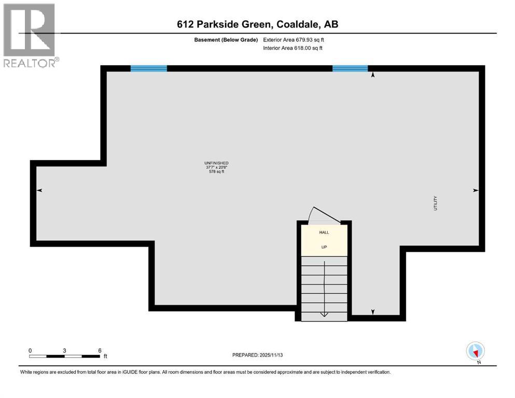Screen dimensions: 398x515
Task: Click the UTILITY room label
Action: click(436, 203)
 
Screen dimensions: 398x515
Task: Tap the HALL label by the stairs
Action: click(324, 233)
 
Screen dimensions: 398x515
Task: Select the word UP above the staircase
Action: click(324, 247)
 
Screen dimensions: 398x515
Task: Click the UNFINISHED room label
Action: click(216, 163)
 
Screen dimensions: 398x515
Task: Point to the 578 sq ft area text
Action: click(216, 172)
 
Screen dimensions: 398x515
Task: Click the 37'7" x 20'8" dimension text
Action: click(216, 167)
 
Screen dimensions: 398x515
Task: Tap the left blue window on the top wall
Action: click(149, 68)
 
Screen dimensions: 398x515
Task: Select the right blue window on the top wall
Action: click(350, 68)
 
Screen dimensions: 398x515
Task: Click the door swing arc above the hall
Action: click(319, 215)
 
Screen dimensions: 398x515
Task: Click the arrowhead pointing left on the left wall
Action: click(39, 191)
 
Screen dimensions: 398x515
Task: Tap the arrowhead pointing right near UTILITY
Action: click(476, 191)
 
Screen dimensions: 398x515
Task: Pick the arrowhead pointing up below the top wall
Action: click(372, 75)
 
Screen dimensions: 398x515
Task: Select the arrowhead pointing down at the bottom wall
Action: click(372, 311)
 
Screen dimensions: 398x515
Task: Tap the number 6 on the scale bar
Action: click(100, 350)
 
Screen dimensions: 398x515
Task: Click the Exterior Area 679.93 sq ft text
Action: click(294, 39)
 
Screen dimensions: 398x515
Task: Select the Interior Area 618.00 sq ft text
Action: click(293, 48)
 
